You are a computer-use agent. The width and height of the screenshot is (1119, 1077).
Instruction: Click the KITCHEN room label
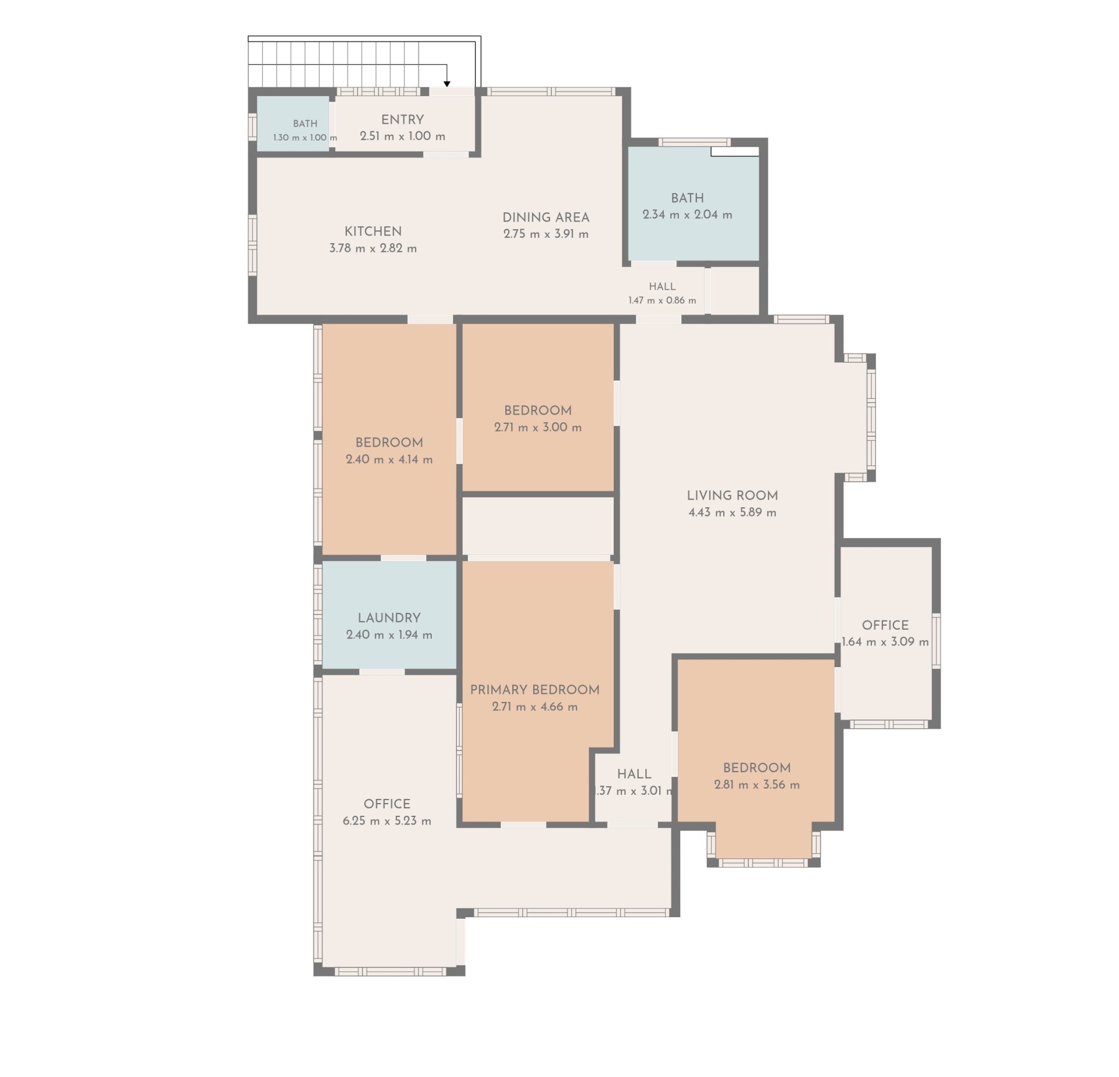(373, 231)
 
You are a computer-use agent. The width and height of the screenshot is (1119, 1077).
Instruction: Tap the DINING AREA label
(546, 217)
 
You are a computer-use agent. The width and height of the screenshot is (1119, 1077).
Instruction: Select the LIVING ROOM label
(732, 496)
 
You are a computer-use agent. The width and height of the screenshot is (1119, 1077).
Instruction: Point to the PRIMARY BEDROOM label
(534, 690)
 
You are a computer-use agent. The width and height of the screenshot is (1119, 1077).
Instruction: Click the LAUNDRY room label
(389, 618)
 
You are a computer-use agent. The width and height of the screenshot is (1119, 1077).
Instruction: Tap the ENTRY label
(402, 120)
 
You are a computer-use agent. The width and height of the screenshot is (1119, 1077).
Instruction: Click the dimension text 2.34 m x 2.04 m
(687, 215)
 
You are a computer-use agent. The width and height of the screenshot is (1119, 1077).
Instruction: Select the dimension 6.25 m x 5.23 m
(387, 821)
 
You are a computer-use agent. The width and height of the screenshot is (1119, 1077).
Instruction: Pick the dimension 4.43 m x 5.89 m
(732, 513)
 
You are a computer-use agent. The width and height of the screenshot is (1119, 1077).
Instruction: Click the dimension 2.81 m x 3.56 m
(756, 785)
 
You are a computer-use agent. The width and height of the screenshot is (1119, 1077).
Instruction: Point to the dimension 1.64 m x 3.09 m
(885, 642)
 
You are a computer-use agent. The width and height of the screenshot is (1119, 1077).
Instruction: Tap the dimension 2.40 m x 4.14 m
(389, 459)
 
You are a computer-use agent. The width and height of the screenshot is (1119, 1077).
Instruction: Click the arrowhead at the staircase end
(447, 84)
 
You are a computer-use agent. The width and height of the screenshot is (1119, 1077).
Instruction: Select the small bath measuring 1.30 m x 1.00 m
(293, 124)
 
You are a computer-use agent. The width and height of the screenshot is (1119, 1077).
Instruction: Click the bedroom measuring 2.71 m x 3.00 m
(538, 408)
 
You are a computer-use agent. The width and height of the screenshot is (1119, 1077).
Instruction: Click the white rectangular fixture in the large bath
(735, 152)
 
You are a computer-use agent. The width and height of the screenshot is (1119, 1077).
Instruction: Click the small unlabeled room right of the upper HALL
(736, 290)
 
